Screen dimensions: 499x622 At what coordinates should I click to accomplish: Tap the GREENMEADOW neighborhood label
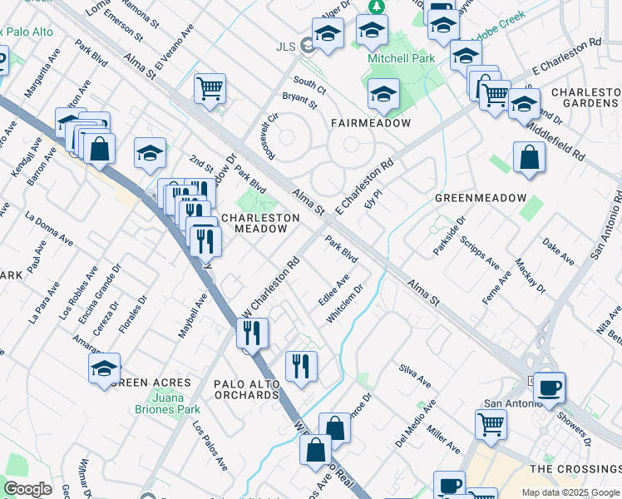tap(481, 198)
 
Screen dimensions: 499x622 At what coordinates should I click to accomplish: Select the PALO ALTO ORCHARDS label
tap(234, 388)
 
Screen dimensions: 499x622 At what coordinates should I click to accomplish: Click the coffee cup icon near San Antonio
tap(549, 387)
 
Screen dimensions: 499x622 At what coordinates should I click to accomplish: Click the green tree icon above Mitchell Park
tap(377, 7)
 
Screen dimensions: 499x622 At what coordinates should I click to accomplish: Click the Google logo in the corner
tap(27, 489)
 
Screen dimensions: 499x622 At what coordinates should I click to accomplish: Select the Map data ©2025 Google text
tap(570, 492)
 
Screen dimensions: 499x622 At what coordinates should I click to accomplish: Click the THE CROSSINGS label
tap(574, 469)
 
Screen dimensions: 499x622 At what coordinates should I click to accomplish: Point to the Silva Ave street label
tap(415, 376)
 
